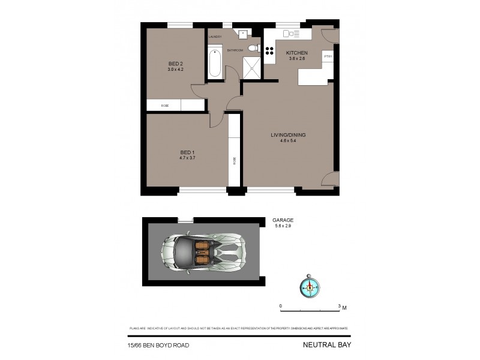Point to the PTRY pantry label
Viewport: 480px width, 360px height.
pyautogui.click(x=328, y=56)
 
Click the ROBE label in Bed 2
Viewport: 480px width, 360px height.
pyautogui.click(x=164, y=106)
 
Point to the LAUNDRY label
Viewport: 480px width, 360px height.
pyautogui.click(x=215, y=37)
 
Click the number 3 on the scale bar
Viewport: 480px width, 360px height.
pyautogui.click(x=340, y=306)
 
